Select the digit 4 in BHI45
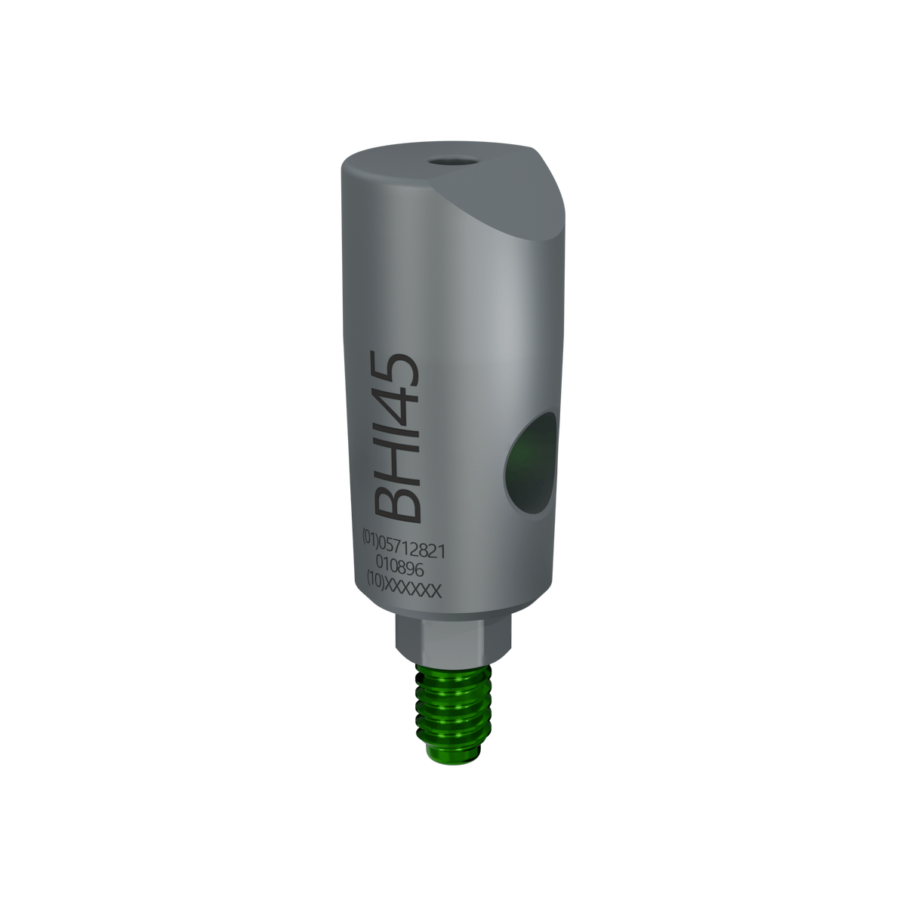point(395,401)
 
